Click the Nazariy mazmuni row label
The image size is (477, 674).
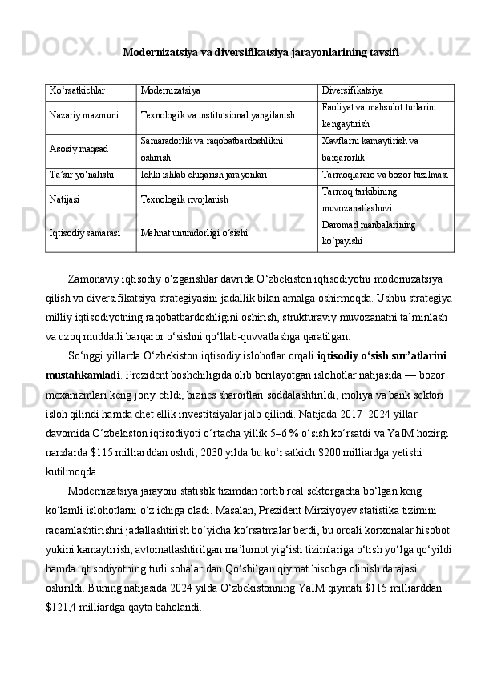click(x=82, y=116)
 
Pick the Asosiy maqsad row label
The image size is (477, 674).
click(x=78, y=150)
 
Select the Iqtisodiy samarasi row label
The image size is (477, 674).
click(x=85, y=233)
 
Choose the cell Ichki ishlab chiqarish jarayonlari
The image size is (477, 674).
click(x=204, y=172)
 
